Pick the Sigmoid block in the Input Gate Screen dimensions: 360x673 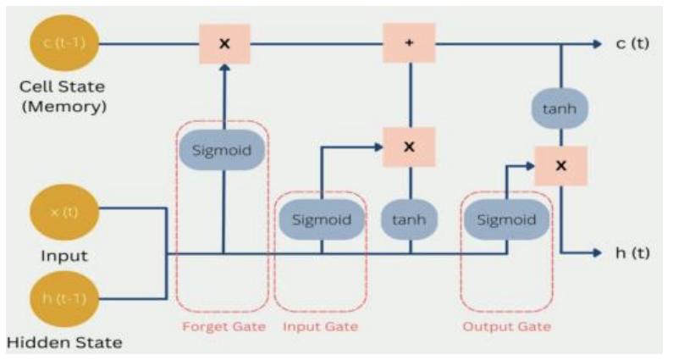(x=322, y=219)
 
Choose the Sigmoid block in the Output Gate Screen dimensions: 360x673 (x=506, y=219)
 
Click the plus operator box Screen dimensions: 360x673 (x=410, y=43)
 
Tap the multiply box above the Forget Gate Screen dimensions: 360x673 (x=224, y=43)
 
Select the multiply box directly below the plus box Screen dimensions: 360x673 (x=410, y=147)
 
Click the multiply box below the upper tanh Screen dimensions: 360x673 (x=560, y=165)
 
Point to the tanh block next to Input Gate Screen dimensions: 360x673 (x=410, y=219)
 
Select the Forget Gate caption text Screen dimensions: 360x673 (x=223, y=327)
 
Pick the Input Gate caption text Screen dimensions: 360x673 (x=320, y=327)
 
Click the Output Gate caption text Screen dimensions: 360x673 (x=506, y=327)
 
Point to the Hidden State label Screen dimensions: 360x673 (x=64, y=343)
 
